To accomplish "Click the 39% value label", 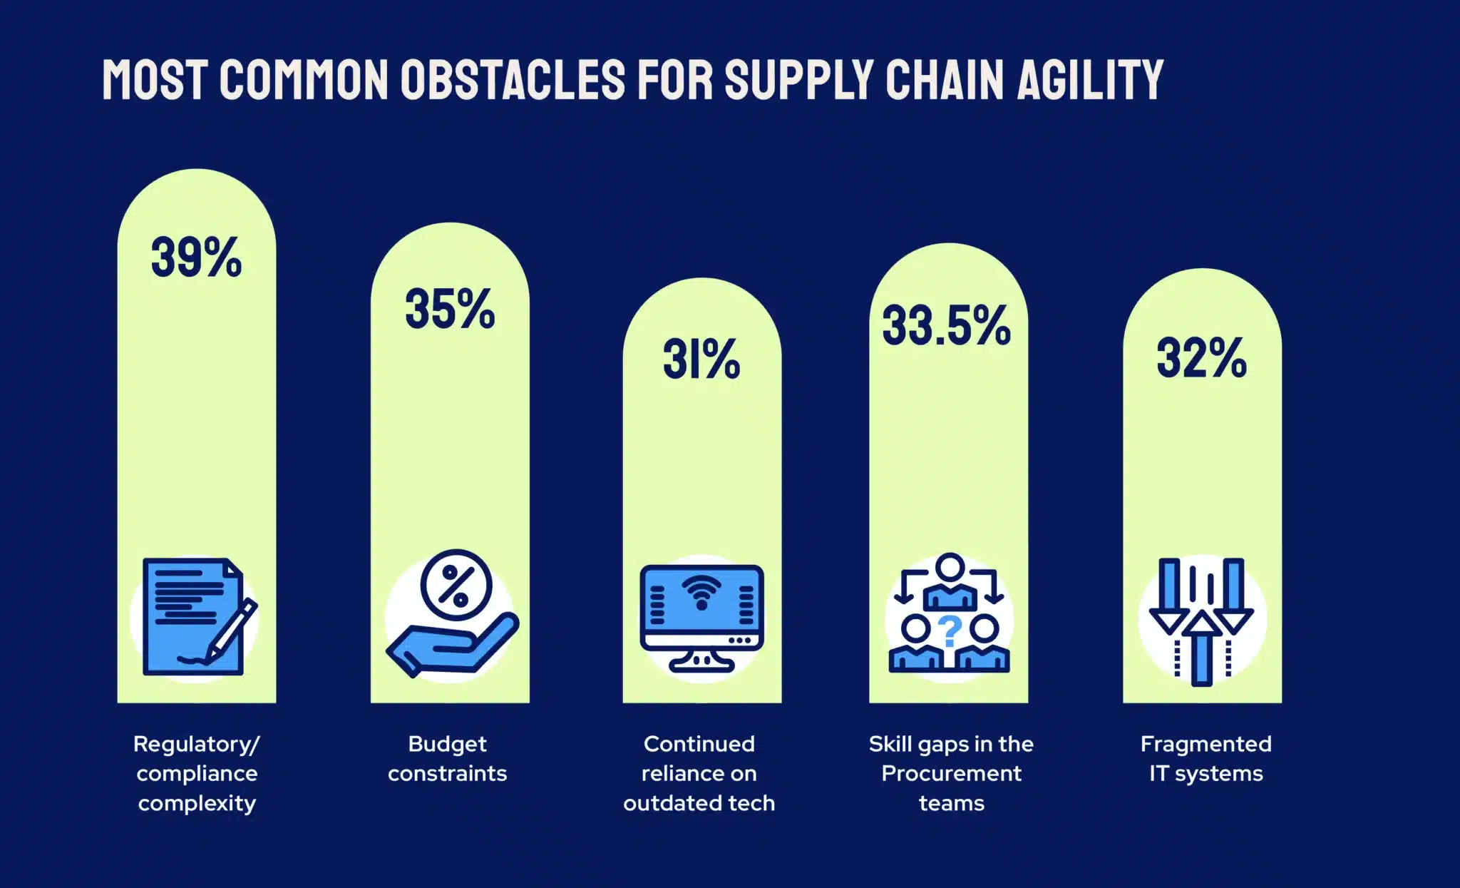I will tap(196, 257).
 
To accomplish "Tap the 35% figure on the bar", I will tap(450, 310).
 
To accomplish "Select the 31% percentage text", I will tap(701, 359).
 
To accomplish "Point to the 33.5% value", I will tap(947, 326).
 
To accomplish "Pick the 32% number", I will tap(1202, 358).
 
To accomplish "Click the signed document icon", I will tap(196, 617).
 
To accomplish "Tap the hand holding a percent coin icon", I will tap(452, 615).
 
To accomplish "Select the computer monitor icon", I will tap(701, 618).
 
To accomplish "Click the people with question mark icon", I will tap(949, 615).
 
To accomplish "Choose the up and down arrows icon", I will tap(1202, 621).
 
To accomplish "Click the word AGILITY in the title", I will tap(1090, 79).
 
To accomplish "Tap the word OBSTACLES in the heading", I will tap(513, 79).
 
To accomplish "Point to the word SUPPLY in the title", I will tap(799, 79).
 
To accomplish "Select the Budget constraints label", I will tap(448, 759).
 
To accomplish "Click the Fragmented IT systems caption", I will tap(1205, 759).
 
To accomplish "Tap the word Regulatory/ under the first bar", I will tap(197, 745).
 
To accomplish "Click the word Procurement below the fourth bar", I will tap(951, 774).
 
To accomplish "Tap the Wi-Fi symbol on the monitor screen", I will tap(701, 592).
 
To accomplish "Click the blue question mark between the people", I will tap(950, 631).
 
